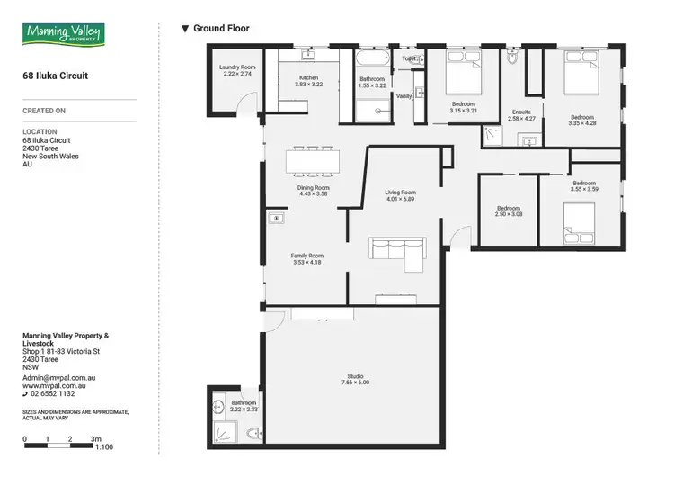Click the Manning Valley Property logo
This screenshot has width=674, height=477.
[64, 35]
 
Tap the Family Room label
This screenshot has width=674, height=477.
[306, 259]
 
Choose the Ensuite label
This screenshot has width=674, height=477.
[521, 115]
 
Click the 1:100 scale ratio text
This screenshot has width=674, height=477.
[104, 447]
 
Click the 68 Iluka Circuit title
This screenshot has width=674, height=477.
[55, 77]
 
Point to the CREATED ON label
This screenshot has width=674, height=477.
[45, 111]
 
